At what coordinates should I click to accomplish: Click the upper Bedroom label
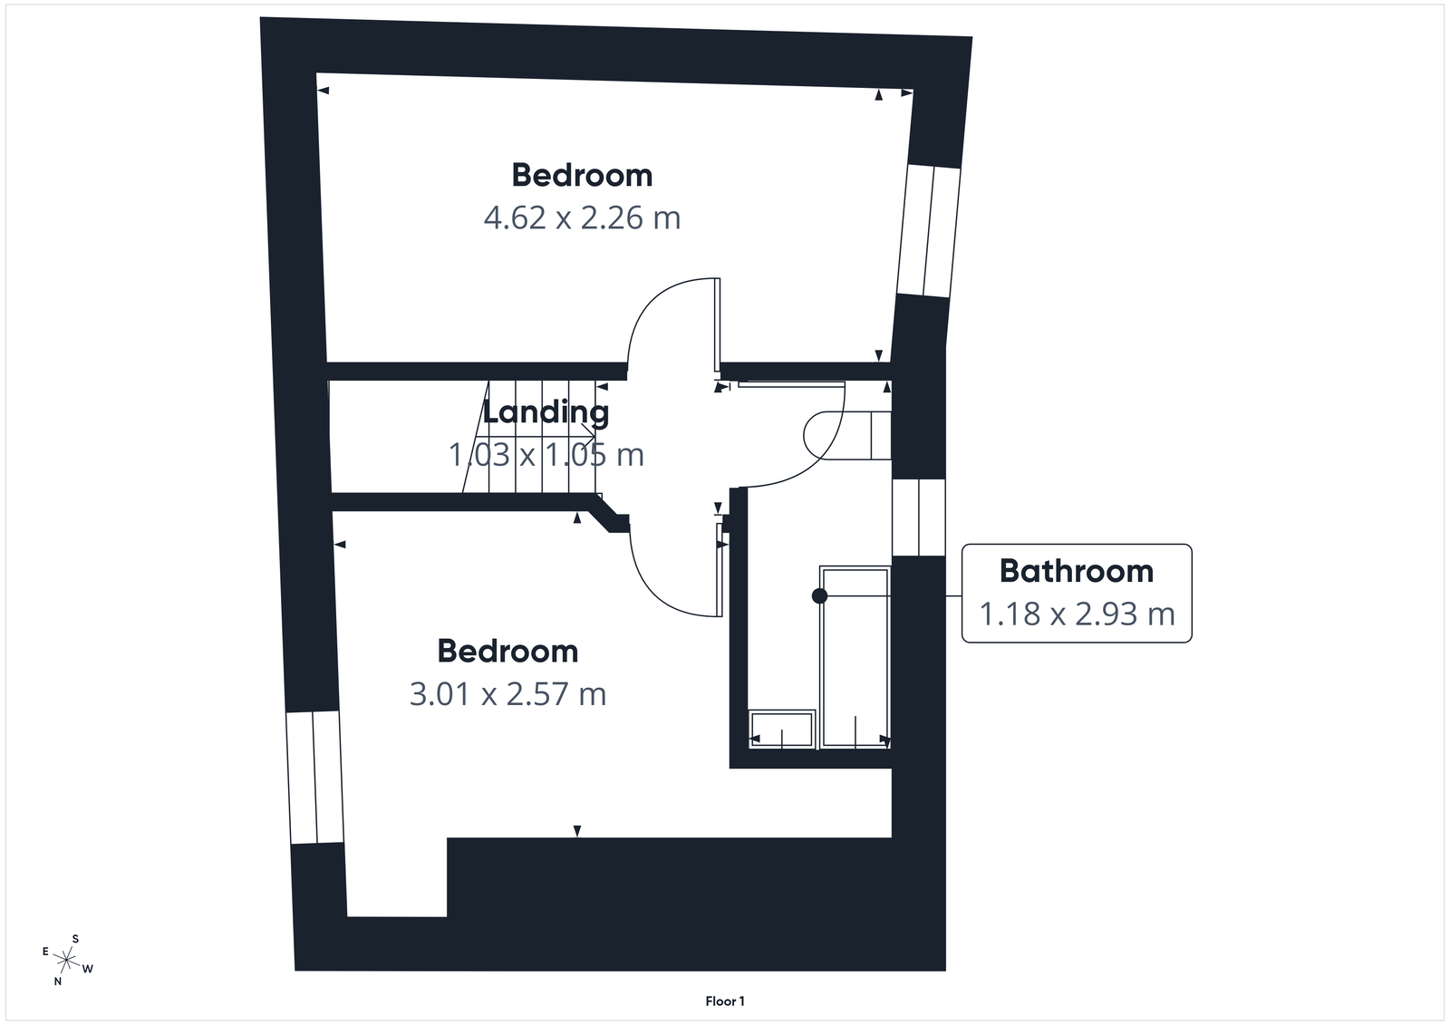[582, 175]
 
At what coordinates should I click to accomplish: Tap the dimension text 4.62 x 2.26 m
[582, 218]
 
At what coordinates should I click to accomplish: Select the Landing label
[546, 412]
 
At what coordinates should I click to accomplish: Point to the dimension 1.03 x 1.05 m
[546, 454]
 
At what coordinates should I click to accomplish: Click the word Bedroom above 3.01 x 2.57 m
[507, 651]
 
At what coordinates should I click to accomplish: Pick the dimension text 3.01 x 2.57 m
[507, 694]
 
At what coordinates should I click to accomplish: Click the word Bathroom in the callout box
[1076, 571]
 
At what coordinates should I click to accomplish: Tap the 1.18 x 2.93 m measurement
[1077, 614]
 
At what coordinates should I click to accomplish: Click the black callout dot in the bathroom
[819, 596]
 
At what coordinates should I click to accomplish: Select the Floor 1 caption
[725, 1001]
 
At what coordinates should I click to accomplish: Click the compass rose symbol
[66, 958]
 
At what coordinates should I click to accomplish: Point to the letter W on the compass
[88, 969]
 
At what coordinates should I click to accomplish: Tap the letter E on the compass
[45, 951]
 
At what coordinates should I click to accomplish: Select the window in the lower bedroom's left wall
[314, 778]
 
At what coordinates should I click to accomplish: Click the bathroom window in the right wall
[918, 517]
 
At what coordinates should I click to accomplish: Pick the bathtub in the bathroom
[855, 657]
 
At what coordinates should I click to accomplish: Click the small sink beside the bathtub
[781, 729]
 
